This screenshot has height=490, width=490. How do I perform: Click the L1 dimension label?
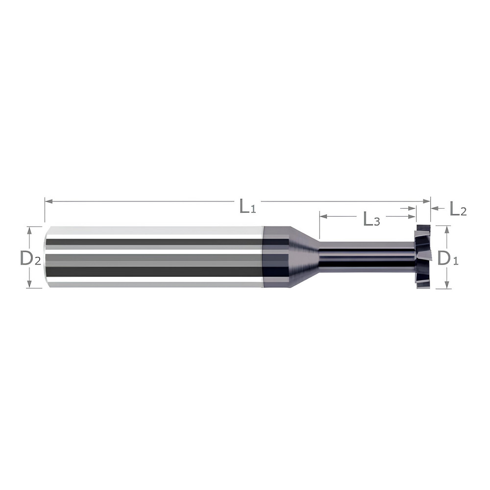[248, 206]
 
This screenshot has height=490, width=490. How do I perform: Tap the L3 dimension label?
[371, 220]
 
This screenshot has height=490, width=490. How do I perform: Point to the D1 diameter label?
[447, 257]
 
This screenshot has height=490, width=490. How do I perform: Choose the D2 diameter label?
[30, 257]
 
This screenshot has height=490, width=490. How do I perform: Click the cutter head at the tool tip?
[422, 257]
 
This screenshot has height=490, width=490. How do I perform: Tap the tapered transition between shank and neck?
[304, 257]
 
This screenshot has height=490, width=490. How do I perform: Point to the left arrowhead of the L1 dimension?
[48, 201]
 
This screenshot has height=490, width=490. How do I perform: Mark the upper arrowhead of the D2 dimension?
[29, 229]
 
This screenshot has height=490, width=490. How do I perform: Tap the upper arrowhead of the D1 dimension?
[446, 229]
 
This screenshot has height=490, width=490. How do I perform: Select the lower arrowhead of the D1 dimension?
[446, 286]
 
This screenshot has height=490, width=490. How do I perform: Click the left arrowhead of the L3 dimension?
[322, 216]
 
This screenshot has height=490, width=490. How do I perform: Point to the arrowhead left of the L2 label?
[434, 208]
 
